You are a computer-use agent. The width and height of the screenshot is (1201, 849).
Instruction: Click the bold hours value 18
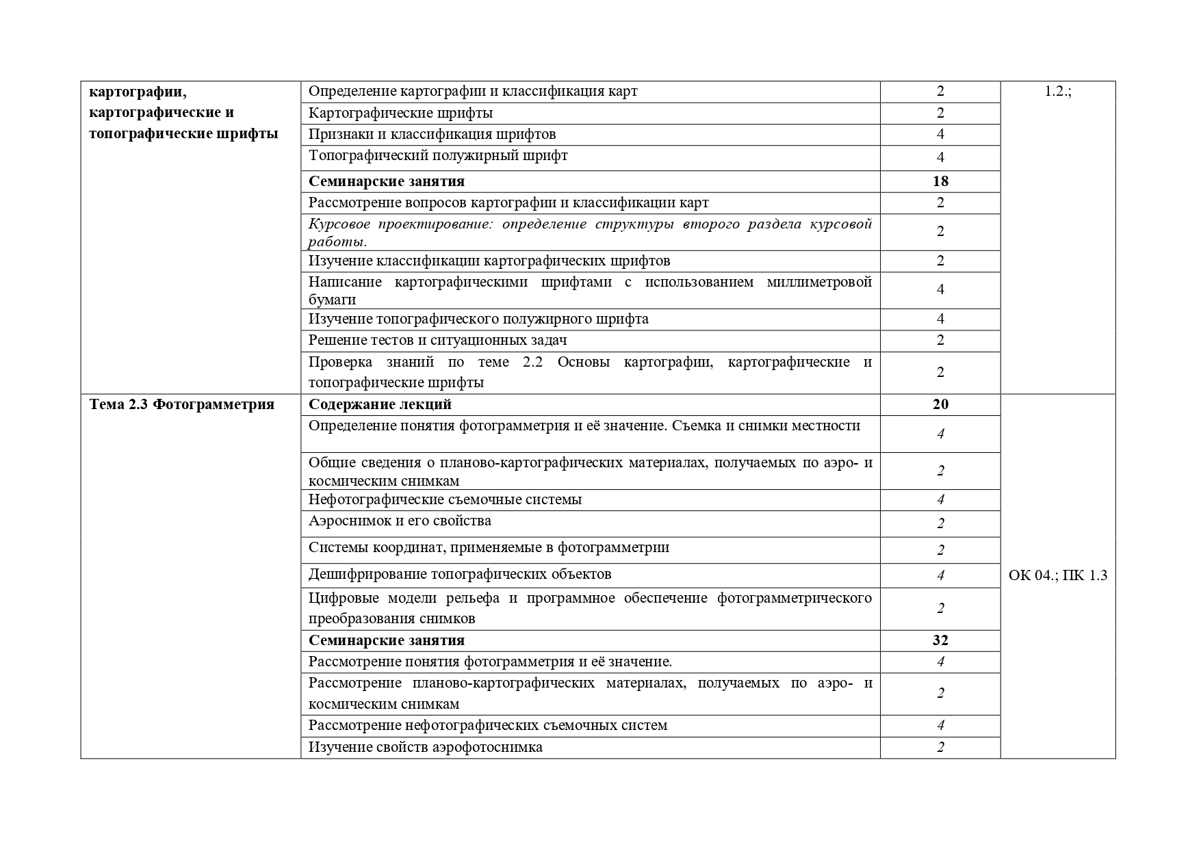[x=940, y=181]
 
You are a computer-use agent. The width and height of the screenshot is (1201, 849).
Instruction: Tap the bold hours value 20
[x=940, y=404]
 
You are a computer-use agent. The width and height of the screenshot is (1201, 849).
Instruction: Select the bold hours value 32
[x=940, y=640]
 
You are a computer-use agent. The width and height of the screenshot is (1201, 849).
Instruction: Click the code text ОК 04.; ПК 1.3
[x=1057, y=575]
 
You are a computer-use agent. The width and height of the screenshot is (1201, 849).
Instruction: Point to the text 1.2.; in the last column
[x=1057, y=92]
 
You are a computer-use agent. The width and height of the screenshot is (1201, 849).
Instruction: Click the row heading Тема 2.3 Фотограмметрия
[x=182, y=404]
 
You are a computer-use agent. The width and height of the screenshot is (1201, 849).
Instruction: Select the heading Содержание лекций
[x=380, y=404]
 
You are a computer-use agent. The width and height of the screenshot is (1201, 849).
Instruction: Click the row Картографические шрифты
[x=400, y=113]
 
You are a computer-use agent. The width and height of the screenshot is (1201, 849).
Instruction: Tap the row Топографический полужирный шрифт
[x=438, y=156]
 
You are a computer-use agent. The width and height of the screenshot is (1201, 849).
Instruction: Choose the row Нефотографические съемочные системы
[x=445, y=499]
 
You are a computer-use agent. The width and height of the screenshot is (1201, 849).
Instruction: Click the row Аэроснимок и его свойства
[x=400, y=521]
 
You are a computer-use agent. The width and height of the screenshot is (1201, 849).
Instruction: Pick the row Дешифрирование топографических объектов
[x=460, y=574]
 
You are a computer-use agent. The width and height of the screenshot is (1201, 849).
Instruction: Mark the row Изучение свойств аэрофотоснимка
[x=425, y=747]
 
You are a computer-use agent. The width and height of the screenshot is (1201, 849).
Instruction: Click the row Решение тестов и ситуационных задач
[x=437, y=340]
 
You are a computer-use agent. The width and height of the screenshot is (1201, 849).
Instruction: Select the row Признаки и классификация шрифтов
[x=432, y=134]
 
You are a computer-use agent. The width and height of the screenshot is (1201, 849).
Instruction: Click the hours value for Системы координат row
[x=940, y=550]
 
